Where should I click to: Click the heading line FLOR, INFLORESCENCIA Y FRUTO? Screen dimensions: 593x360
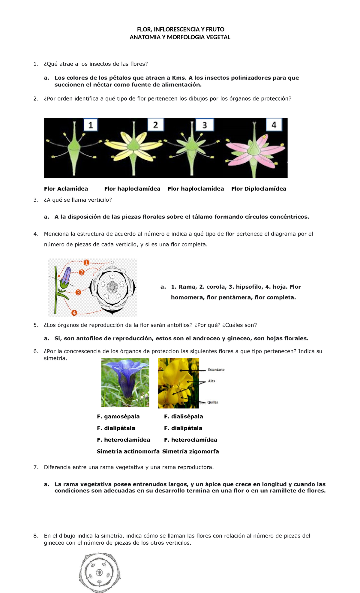pos(180,29)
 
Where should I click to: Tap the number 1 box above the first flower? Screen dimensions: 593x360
pos(91,125)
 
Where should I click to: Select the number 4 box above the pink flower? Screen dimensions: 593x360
pos(274,125)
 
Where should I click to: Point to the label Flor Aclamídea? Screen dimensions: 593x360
pos(66,189)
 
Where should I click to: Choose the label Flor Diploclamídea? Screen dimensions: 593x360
pos(259,189)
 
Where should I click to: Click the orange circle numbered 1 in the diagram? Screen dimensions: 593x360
pos(86,263)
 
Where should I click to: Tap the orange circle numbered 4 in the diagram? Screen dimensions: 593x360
pos(74,313)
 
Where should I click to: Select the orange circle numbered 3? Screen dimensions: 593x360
pos(78,292)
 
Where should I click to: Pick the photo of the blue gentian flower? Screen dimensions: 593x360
pos(125,382)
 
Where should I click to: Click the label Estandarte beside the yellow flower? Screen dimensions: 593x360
pos(216,370)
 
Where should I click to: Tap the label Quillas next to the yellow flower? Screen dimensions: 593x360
pos(213,402)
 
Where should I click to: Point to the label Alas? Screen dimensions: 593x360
pos(211,381)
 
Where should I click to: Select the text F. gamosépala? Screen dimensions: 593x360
pos(118,417)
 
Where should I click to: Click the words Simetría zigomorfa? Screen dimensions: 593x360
pos(190,451)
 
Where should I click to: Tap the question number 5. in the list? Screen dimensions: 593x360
pos(36,325)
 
